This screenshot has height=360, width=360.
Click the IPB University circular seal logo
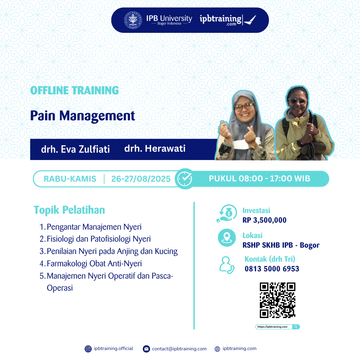[132, 20]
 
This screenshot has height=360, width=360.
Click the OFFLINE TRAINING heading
[74, 90]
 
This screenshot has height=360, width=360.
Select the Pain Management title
[83, 116]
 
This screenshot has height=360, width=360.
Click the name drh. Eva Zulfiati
[75, 149]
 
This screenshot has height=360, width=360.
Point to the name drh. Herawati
[155, 148]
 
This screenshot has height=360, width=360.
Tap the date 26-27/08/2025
[141, 179]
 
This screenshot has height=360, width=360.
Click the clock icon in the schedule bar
[184, 179]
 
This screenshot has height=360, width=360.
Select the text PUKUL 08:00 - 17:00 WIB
[259, 179]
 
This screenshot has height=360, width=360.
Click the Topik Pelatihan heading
[69, 210]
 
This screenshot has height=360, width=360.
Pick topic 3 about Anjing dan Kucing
[112, 251]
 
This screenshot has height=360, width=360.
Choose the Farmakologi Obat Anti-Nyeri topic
[94, 264]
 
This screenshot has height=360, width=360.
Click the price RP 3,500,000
[264, 220]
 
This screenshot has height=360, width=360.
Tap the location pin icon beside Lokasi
[227, 238]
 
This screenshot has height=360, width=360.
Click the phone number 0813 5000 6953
[272, 269]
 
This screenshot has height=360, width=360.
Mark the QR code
[278, 300]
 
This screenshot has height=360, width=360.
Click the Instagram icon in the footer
[88, 349]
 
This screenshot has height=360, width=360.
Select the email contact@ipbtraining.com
[179, 349]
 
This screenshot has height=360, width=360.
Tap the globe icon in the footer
[217, 349]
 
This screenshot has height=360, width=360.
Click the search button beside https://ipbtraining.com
[296, 327]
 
